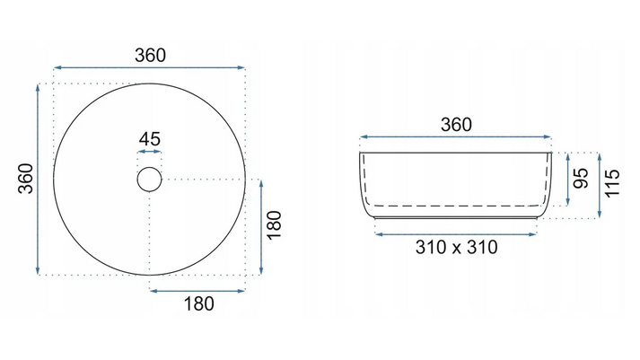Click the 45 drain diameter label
point(149,139)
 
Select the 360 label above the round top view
point(150,55)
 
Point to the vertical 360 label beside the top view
point(26,179)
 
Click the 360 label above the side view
point(456,125)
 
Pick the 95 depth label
point(581,179)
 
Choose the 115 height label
point(612,183)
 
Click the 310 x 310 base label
point(456,247)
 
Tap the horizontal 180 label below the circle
point(198,303)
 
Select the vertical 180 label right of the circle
point(274,225)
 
